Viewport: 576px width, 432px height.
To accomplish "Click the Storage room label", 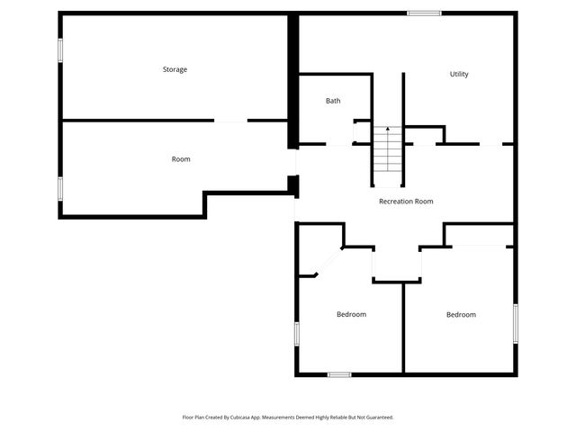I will click(175, 69).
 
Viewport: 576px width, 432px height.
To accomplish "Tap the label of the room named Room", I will click(181, 159).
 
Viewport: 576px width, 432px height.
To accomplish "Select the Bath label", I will click(333, 101).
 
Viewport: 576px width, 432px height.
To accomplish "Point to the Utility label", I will click(459, 74).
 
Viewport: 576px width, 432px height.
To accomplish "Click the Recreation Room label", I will click(406, 202).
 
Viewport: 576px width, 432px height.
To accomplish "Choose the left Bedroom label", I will click(351, 314).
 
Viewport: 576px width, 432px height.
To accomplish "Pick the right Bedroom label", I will click(461, 314).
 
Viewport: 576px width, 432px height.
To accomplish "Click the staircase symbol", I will click(387, 150).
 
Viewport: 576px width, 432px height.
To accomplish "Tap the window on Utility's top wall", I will click(424, 13).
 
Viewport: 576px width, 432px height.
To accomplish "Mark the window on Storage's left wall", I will click(60, 49).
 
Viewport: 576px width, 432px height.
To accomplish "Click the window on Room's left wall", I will click(60, 188).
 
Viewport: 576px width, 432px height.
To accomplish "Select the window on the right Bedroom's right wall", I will click(516, 322).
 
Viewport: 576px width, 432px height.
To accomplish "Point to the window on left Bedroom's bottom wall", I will click(339, 374).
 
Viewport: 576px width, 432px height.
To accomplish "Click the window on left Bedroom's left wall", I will click(296, 333).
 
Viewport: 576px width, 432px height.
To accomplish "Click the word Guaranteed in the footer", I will click(378, 418).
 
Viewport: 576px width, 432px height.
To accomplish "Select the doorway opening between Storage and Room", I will click(230, 121).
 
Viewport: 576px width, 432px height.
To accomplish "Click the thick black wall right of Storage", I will click(292, 81).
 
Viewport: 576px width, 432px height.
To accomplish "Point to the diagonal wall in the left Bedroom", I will click(328, 262).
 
